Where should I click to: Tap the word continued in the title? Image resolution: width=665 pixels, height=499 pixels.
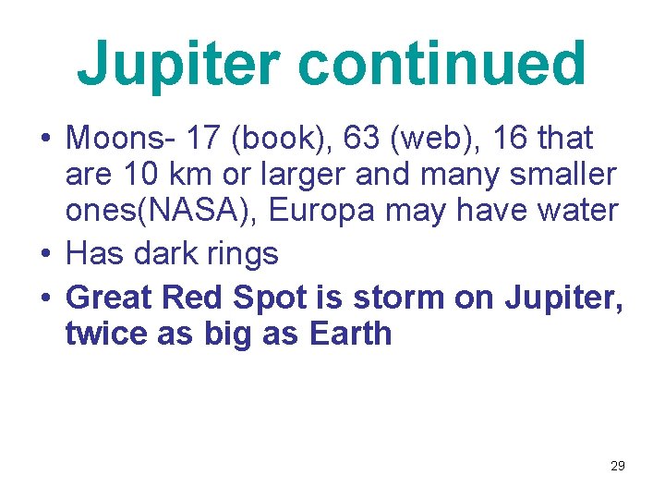[442, 63]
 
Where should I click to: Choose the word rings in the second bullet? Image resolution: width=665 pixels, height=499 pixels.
[241, 252]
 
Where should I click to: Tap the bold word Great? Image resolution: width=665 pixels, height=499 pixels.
[110, 297]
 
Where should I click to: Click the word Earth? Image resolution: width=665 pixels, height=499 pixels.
[351, 333]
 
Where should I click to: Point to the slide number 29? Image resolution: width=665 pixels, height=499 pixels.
[618, 466]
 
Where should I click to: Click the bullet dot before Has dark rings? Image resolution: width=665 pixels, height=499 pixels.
[44, 252]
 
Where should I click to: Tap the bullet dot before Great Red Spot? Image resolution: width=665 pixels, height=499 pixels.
[44, 298]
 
